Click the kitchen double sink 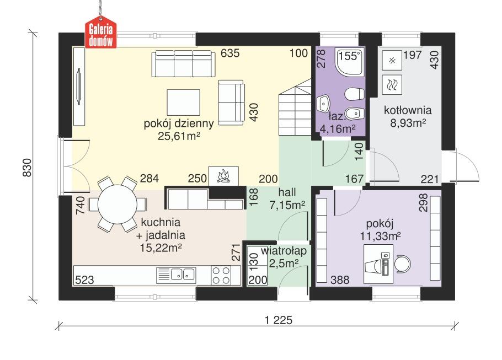182,273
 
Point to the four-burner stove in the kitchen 222,275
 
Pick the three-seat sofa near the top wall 183,64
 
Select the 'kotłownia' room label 408,109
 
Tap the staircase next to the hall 295,108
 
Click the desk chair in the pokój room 404,263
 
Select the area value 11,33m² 379,236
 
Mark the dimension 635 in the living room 230,53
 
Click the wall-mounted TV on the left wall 78,88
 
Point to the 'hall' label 287,193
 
